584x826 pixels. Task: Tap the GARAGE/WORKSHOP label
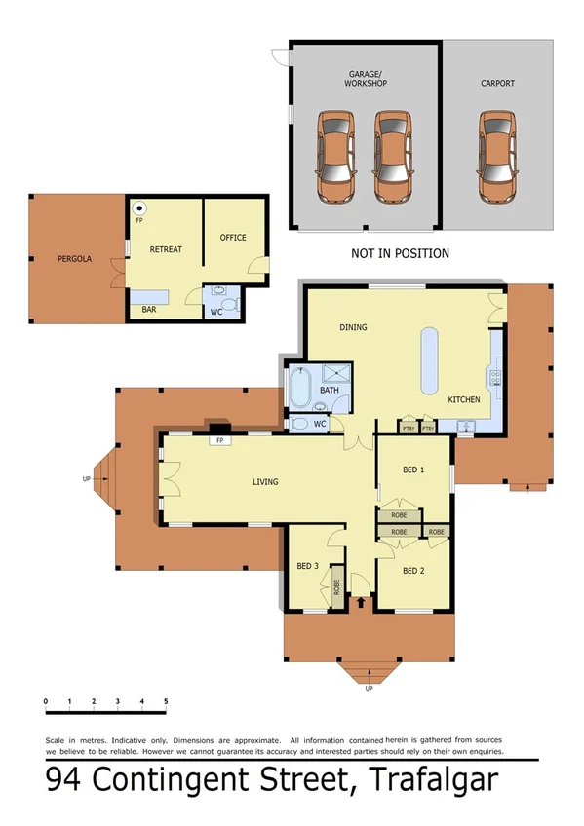tap(366, 79)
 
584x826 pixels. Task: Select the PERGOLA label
tap(74, 259)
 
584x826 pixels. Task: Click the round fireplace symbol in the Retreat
tap(139, 207)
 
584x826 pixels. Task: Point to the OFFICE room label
tap(233, 238)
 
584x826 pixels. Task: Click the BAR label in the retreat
tap(149, 310)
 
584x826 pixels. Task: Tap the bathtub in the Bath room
tap(299, 390)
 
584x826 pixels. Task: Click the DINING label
tap(353, 327)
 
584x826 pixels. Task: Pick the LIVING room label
tap(265, 482)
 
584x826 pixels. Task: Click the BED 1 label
tap(413, 469)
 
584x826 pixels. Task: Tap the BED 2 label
tap(413, 571)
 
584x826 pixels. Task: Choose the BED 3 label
tap(308, 566)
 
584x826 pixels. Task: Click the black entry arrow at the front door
tap(363, 603)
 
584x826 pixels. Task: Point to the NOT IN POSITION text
tap(400, 253)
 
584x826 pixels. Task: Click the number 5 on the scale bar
tap(166, 701)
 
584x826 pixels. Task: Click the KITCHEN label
tap(464, 400)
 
